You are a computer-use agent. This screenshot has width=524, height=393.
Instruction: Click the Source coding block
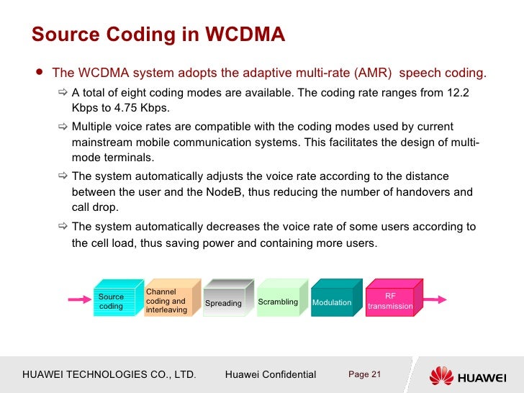(112, 301)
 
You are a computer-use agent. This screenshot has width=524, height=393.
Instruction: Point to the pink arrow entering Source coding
(81, 299)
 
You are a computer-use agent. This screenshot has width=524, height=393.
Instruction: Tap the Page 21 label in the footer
(364, 374)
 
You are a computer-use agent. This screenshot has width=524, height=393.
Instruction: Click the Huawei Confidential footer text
(271, 374)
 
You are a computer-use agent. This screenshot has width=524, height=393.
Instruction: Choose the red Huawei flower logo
(442, 374)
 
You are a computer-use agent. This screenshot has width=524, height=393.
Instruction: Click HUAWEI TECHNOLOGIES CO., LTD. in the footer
(109, 374)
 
